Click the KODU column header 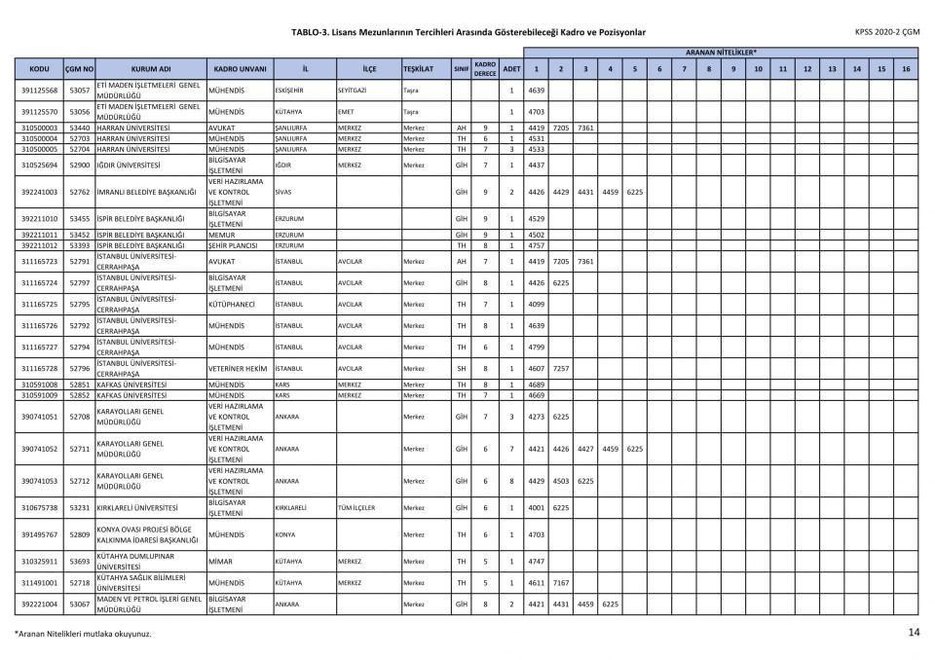(x=40, y=69)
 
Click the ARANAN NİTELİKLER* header (x=721, y=51)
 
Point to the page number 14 (x=913, y=633)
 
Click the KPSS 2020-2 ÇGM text (x=886, y=32)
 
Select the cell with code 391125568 (x=40, y=91)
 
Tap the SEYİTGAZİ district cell (x=353, y=91)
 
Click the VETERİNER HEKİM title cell (x=237, y=369)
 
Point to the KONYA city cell (x=285, y=534)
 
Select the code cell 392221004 (x=40, y=604)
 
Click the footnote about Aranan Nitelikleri (x=83, y=635)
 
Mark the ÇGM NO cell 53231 (x=79, y=507)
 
